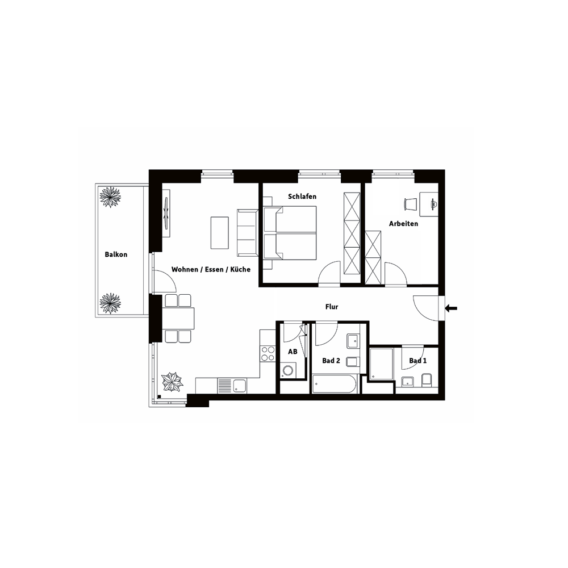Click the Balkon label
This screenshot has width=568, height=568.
click(116, 254)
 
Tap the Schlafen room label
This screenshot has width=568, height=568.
click(302, 197)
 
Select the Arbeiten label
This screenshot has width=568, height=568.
click(403, 223)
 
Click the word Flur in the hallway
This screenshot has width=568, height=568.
click(332, 307)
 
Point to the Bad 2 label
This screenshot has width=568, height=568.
click(331, 361)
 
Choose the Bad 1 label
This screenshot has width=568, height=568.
click(417, 361)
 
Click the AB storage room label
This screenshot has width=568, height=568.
click(293, 352)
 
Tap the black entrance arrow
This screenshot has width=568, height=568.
click(451, 308)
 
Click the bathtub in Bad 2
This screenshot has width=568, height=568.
click(335, 384)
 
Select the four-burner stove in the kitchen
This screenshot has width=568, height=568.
click(268, 354)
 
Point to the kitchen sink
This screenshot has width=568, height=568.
click(240, 386)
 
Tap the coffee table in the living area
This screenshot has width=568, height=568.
click(219, 233)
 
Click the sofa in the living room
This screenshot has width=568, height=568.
click(247, 232)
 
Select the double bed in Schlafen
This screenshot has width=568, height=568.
click(290, 233)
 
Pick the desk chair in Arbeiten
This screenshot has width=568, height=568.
click(411, 204)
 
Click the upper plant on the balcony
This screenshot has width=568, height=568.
click(110, 198)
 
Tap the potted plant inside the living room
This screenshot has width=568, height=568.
click(172, 382)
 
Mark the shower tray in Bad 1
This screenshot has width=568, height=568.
click(382, 364)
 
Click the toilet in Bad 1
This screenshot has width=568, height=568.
click(427, 380)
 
